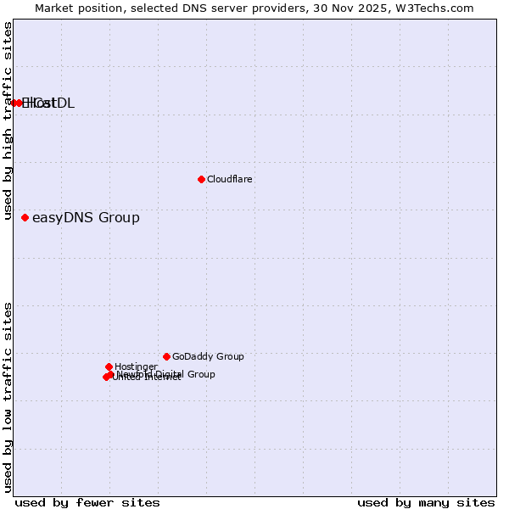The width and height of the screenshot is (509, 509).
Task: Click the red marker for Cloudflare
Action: [x=201, y=179]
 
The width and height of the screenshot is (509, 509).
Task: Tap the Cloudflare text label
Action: [x=230, y=179]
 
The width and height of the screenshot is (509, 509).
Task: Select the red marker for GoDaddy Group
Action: [x=166, y=356]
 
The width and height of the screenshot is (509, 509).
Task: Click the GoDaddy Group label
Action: [x=208, y=356]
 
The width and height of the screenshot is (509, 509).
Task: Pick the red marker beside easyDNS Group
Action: [x=25, y=217]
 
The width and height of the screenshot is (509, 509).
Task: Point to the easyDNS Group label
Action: [x=86, y=218]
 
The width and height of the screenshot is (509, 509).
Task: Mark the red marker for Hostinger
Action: [x=109, y=366]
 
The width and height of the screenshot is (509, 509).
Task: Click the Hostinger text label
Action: [x=136, y=366]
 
